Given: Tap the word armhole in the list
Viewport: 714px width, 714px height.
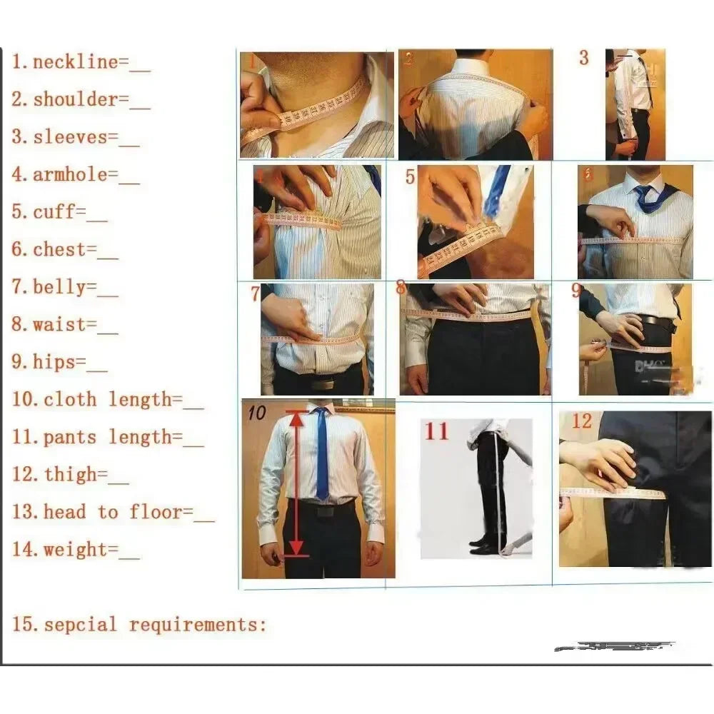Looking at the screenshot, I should pos(70,175).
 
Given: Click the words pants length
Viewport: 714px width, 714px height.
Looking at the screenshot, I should pos(107,437).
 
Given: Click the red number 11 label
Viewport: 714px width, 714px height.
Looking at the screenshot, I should pos(437,432).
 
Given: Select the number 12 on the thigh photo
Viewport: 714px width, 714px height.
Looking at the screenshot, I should pos(582,421).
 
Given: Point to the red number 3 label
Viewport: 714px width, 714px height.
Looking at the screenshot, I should pos(583,58).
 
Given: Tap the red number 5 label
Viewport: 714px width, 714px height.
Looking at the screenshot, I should pos(410,176).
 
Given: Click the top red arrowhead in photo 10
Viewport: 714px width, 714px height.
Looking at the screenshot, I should pos(296,419).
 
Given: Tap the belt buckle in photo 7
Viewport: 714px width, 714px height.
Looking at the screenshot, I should pos(323,383).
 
